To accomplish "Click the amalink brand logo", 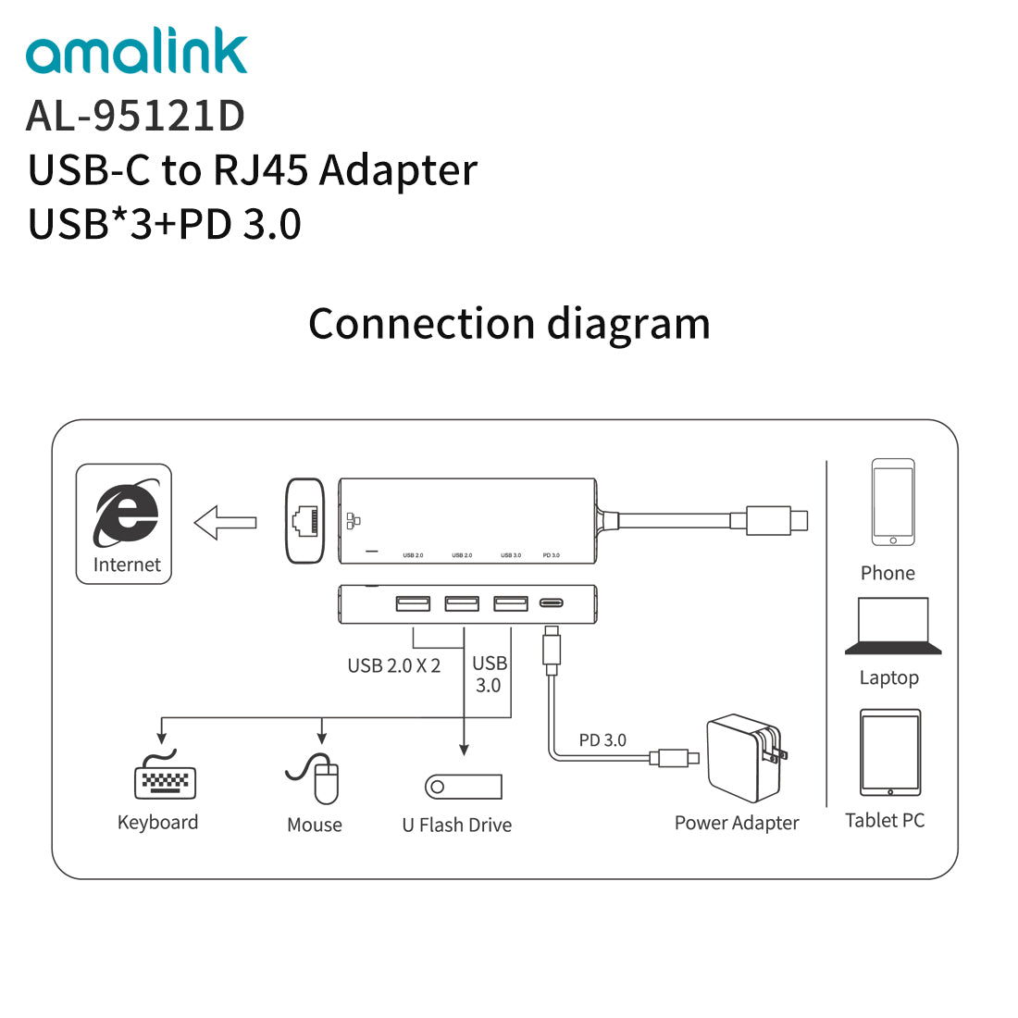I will [x=137, y=53].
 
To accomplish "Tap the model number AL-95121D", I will [x=135, y=116].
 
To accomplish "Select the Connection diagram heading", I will [x=509, y=324].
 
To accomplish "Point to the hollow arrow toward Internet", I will [x=225, y=522].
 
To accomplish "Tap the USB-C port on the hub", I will [x=552, y=603].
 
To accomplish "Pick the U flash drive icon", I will [x=463, y=787].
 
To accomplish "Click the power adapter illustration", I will [x=746, y=757].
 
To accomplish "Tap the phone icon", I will [x=893, y=502].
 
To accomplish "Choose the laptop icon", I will [x=893, y=627].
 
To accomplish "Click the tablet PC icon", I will [x=890, y=752].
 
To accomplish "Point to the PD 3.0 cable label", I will [x=602, y=740].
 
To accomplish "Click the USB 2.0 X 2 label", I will [x=393, y=666].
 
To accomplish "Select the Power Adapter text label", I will [x=737, y=823].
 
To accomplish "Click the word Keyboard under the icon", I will [x=157, y=823].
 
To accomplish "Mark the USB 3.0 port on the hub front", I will [x=510, y=603].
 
